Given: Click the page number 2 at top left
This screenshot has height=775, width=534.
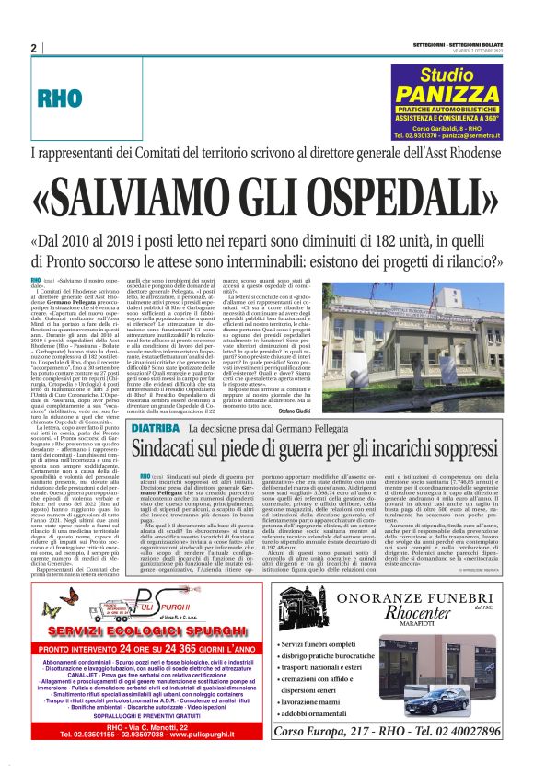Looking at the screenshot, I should tap(33, 49).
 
